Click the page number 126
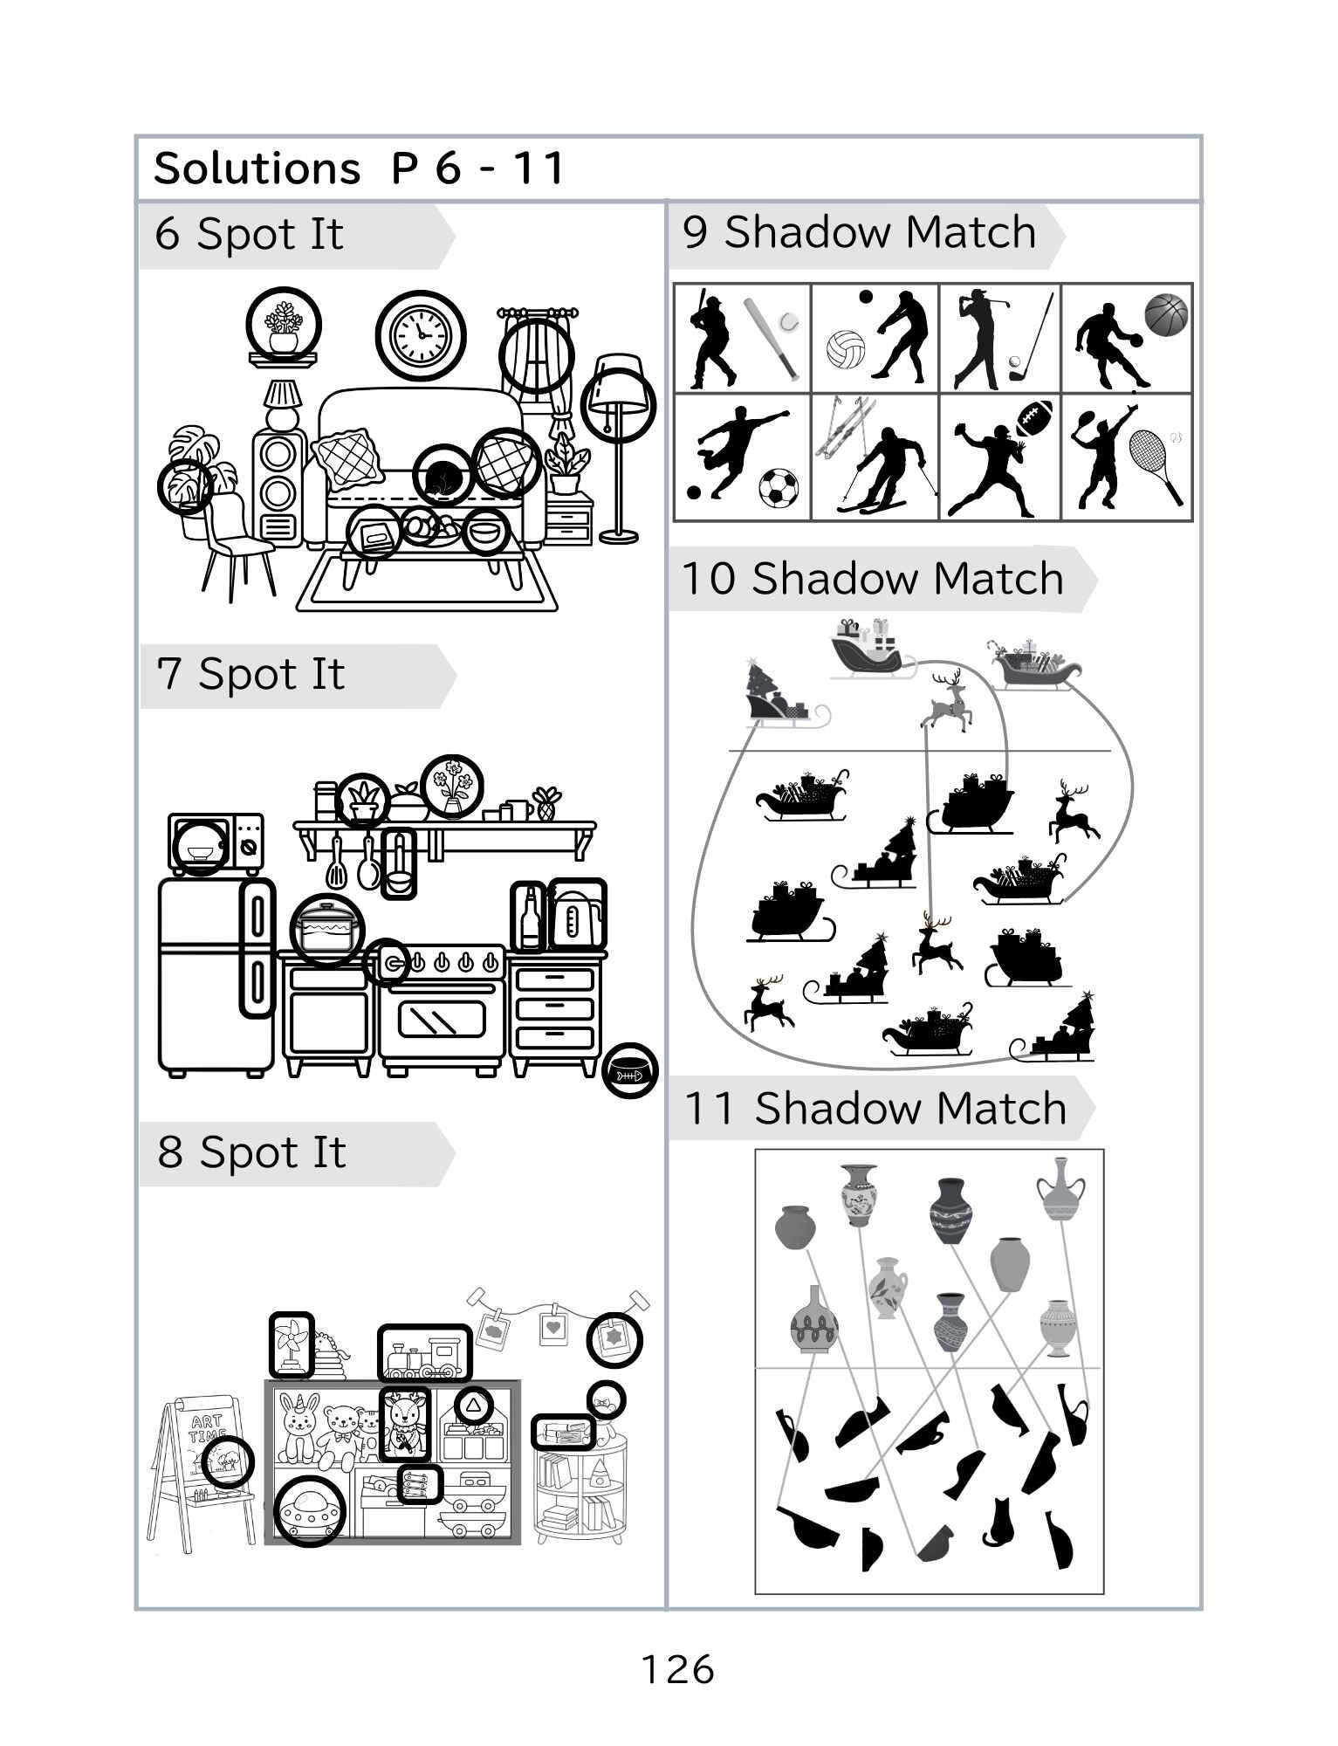tap(677, 1670)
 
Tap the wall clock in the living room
tap(421, 334)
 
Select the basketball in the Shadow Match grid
tap(1166, 314)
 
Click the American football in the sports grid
tap(1035, 418)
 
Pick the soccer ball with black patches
tap(778, 488)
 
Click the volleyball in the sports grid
tap(845, 348)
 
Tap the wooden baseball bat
tap(771, 339)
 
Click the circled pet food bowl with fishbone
tap(629, 1070)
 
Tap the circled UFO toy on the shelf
tap(309, 1511)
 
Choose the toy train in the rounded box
tap(424, 1353)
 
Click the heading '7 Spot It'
tap(250, 675)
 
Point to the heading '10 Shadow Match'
tap(872, 579)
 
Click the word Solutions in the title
tap(257, 168)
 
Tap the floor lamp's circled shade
tap(619, 403)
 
